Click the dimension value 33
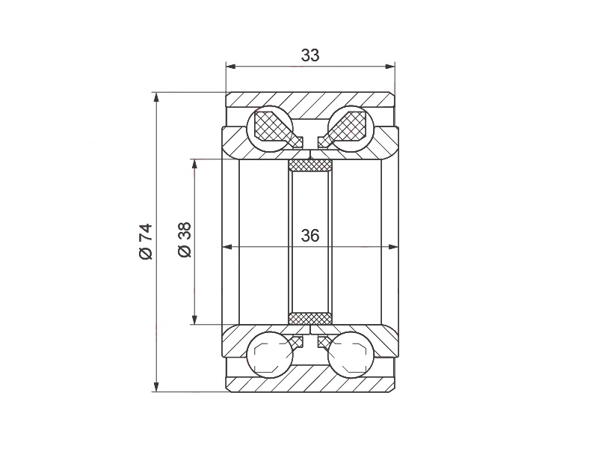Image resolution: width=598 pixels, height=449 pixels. (x=310, y=55)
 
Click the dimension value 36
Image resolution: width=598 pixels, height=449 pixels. (x=310, y=236)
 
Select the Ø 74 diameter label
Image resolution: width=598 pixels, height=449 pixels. (x=145, y=241)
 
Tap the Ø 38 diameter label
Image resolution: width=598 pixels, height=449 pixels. (x=185, y=241)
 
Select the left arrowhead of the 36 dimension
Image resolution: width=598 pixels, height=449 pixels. (x=226, y=246)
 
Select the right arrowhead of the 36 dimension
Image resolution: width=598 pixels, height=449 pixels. (x=394, y=246)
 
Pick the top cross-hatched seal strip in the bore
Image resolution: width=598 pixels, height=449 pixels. (x=310, y=165)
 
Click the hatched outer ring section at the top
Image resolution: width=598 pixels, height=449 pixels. (x=310, y=100)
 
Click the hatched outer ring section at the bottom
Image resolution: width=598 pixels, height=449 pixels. (x=310, y=382)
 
